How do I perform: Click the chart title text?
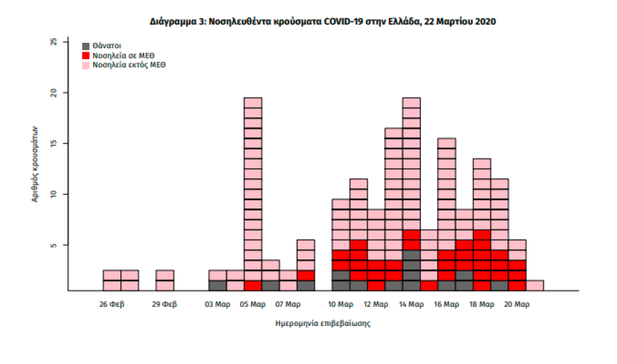pos(322,22)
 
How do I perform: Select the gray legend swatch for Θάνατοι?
pos(86,45)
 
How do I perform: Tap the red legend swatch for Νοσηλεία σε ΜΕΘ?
pos(86,56)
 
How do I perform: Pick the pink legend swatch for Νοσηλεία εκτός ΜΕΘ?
pos(86,66)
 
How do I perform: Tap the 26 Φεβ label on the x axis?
pos(112,304)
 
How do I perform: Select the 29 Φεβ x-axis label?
pos(165,304)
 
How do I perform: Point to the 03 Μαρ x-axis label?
pos(218,304)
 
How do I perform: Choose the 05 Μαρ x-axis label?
pos(253,304)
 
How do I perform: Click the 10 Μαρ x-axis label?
pos(341,304)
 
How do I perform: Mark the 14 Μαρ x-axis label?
pos(412,304)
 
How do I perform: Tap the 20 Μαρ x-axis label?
pos(517,304)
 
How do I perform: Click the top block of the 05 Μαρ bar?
pos(253,103)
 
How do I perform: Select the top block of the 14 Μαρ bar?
pos(412,103)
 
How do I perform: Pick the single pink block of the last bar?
pos(535,285)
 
